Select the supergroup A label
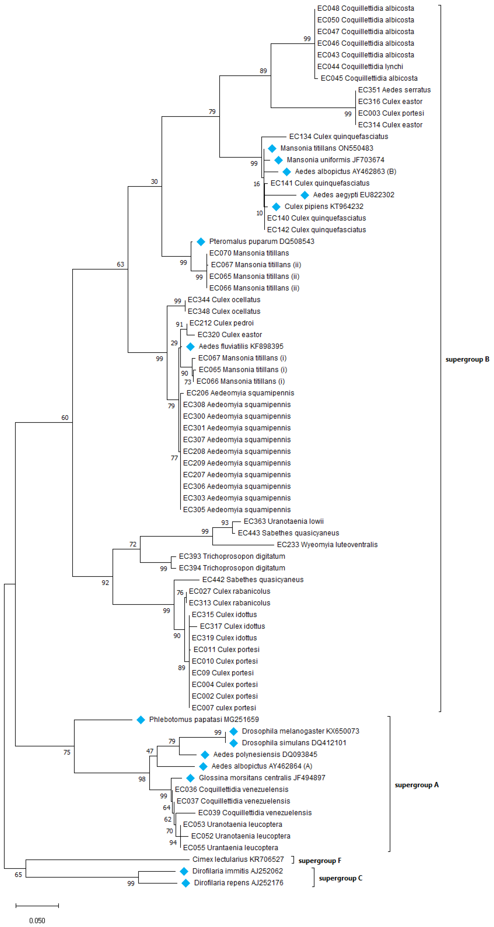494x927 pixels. (417, 785)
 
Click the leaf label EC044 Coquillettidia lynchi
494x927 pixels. (360, 67)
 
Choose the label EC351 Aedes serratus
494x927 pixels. (394, 90)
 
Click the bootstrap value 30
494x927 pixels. (154, 182)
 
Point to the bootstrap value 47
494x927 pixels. (150, 751)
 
